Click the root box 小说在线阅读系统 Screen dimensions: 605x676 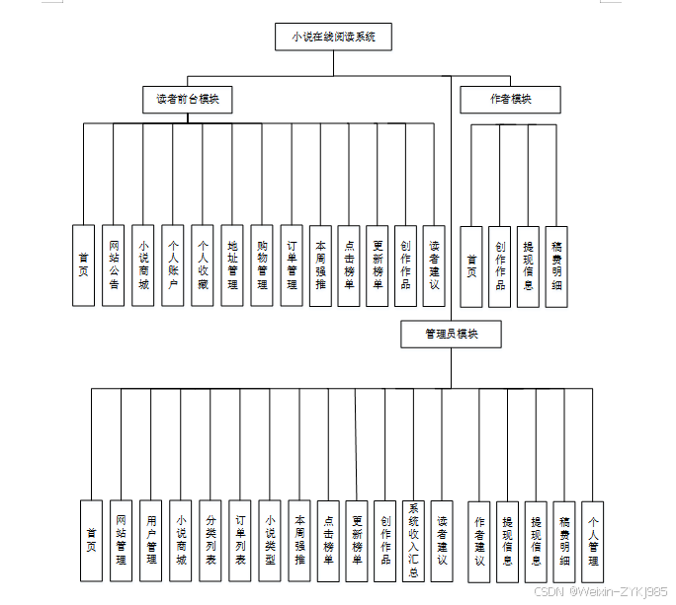(333, 38)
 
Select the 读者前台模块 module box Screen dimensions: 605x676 (188, 99)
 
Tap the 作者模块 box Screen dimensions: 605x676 (510, 99)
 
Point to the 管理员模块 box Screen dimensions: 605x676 (451, 335)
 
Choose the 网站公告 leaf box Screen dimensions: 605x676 (114, 265)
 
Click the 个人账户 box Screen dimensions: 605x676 (172, 265)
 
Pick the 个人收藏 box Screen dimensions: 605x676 (203, 265)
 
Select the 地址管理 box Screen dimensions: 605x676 (232, 265)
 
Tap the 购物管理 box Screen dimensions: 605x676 (262, 265)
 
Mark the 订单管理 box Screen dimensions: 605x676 (292, 265)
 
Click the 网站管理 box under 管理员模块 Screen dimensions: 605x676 (121, 540)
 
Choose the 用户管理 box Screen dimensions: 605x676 (151, 540)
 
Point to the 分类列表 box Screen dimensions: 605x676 (210, 540)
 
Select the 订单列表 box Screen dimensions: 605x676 (239, 540)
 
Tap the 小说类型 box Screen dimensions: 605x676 (269, 540)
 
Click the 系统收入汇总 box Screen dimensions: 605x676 (415, 540)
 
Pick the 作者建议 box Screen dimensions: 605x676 (479, 540)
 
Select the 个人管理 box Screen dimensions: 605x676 (593, 540)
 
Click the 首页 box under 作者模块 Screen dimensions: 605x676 (471, 265)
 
